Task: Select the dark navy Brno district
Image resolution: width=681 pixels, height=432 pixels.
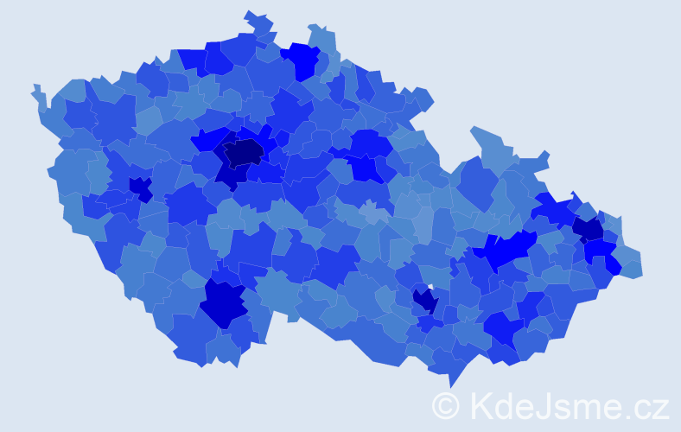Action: [x=425, y=301]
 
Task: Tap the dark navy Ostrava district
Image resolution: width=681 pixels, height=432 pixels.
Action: [x=589, y=228]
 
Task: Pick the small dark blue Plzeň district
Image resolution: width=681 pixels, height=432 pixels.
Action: [x=139, y=186]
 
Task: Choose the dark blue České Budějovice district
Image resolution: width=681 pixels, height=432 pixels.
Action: [x=223, y=302]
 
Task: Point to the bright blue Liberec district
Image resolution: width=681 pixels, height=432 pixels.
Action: [x=302, y=59]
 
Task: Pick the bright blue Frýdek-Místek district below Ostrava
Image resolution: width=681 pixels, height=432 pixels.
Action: [x=601, y=251]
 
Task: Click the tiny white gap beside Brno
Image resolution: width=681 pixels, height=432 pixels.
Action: [x=430, y=288]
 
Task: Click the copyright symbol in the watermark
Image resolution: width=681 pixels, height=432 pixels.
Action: [x=445, y=406]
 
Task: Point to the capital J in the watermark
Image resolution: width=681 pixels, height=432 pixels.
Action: [x=541, y=406]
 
